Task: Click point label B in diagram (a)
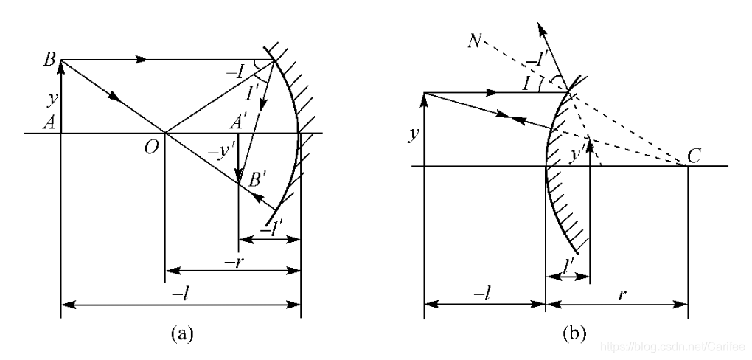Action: point(49,60)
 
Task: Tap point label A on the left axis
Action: point(48,125)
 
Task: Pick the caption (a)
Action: point(182,333)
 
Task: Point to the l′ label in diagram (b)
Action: point(568,262)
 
